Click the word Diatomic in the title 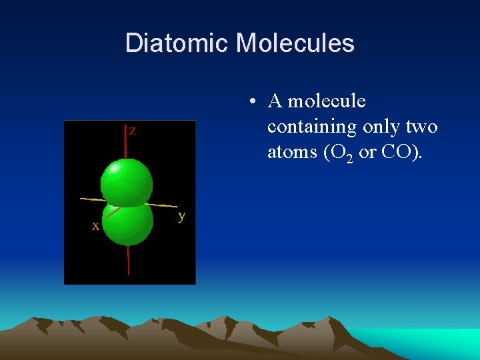tap(177, 43)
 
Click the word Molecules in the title tap(295, 43)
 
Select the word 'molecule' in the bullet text tap(327, 101)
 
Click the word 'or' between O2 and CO tap(367, 153)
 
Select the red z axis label tap(133, 131)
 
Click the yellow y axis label tap(182, 216)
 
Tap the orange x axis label tap(96, 226)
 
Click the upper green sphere tap(126, 181)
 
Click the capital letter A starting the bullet tap(275, 101)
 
